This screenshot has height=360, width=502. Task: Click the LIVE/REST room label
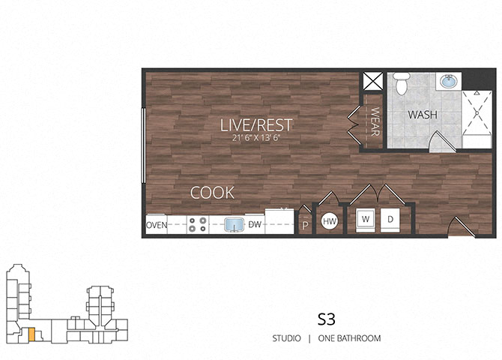[256, 125]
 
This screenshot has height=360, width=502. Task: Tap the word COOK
[212, 193]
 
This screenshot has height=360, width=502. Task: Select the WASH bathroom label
[423, 115]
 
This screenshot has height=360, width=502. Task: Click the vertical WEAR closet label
[375, 121]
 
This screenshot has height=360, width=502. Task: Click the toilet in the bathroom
[402, 83]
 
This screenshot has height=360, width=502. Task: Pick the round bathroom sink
[449, 82]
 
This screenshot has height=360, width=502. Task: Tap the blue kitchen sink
[233, 225]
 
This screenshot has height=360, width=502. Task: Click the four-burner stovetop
[198, 224]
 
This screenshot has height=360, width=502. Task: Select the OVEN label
[157, 225]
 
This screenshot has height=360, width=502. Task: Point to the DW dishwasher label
[255, 224]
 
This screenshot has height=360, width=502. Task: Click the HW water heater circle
[330, 221]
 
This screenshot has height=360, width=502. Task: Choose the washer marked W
[366, 220]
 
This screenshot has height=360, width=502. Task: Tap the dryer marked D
[390, 220]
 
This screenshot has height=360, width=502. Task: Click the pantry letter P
[305, 226]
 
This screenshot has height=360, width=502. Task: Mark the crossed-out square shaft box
[372, 81]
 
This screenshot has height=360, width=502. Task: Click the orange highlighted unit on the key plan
[31, 334]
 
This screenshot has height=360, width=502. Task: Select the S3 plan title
[326, 319]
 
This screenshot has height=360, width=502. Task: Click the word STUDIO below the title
[286, 338]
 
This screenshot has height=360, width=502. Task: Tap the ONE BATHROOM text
[350, 338]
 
